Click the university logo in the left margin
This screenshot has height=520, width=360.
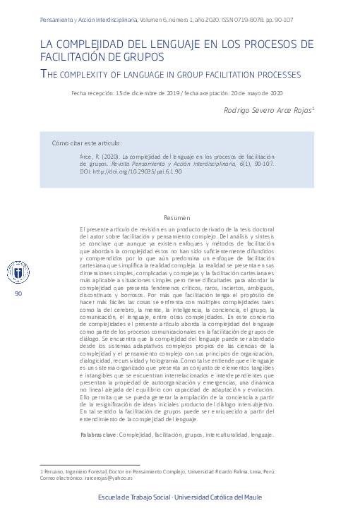tap(18, 272)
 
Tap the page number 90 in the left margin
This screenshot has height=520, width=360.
tap(18, 293)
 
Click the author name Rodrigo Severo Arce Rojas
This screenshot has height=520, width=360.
tap(268, 110)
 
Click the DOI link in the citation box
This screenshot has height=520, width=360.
tap(131, 171)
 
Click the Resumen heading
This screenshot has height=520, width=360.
tap(177, 218)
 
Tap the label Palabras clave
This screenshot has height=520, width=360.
tap(99, 435)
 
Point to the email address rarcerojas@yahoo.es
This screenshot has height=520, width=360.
tap(100, 478)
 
